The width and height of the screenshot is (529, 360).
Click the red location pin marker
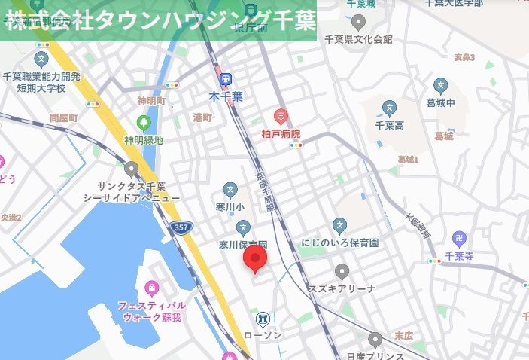click(x=257, y=258)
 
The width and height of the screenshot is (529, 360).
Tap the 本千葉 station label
click(x=226, y=96)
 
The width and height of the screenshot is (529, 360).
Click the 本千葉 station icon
click(x=226, y=79)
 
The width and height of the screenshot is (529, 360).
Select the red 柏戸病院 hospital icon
click(x=281, y=117)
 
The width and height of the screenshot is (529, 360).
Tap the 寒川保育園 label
click(x=242, y=246)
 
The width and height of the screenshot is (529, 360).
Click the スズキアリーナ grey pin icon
click(x=342, y=272)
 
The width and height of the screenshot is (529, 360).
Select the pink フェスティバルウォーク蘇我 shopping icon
click(x=152, y=288)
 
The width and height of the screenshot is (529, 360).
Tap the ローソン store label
click(x=263, y=335)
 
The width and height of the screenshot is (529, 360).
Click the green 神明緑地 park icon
click(x=144, y=123)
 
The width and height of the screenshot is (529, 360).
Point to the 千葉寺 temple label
click(x=458, y=257)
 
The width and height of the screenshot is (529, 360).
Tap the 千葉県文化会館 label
click(x=357, y=38)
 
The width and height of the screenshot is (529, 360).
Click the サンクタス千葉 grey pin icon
click(x=132, y=169)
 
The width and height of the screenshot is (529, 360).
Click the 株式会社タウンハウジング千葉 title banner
click(x=158, y=20)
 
